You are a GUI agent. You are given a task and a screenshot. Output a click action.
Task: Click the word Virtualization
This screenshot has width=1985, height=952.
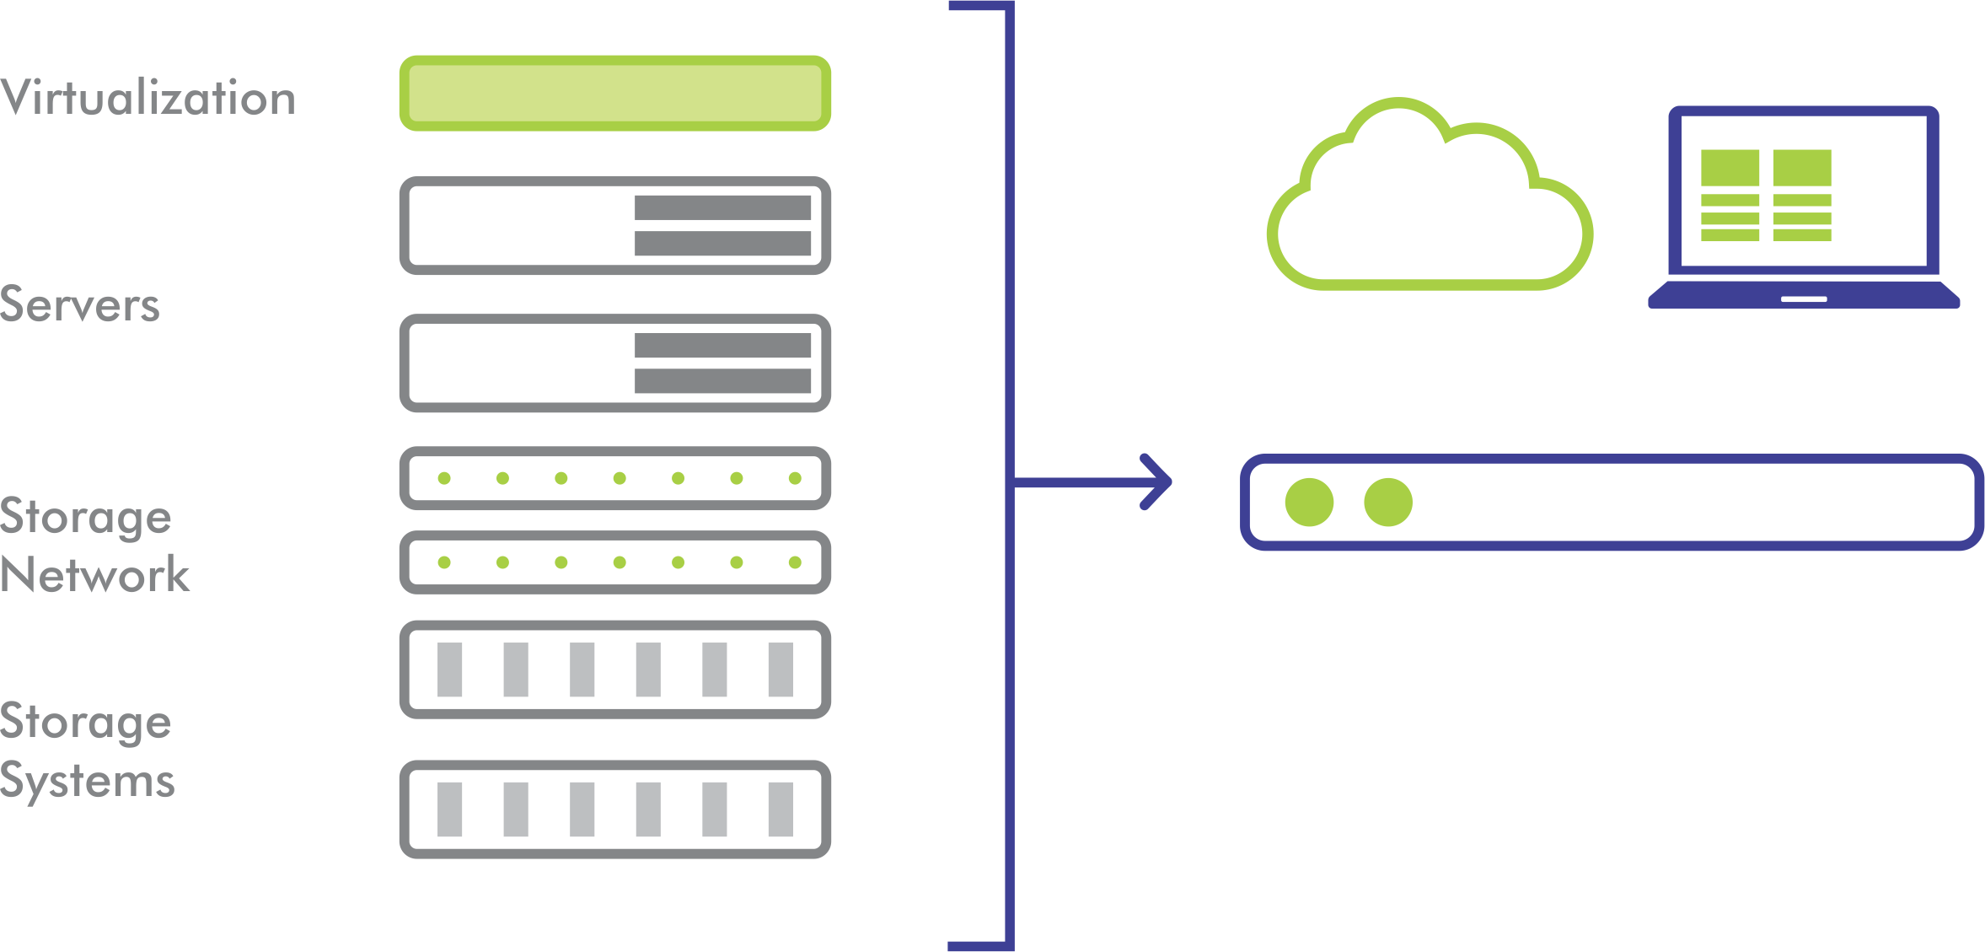[x=148, y=98]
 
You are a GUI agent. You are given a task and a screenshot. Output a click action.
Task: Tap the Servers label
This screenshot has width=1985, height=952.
[x=80, y=305]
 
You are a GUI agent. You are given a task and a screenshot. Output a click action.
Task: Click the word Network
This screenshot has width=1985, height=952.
[x=95, y=575]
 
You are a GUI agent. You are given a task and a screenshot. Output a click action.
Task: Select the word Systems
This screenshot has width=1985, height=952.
[x=88, y=781]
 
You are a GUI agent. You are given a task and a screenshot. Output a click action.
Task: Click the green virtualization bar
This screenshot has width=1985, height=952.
[x=615, y=94]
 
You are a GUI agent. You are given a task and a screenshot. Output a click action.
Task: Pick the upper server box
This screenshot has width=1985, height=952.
[x=615, y=225]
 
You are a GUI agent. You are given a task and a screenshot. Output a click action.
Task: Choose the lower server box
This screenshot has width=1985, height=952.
[x=615, y=363]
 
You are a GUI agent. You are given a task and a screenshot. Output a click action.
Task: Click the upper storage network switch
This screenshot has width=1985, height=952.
[x=615, y=478]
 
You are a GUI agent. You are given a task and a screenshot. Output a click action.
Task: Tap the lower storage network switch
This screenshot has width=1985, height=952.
[x=615, y=562]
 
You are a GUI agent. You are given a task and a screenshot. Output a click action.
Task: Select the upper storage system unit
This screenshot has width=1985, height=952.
[x=615, y=670]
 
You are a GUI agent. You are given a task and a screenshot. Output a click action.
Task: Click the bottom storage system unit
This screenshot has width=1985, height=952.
[x=615, y=809]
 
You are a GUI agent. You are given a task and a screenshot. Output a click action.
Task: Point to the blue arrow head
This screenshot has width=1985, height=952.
[x=1159, y=482]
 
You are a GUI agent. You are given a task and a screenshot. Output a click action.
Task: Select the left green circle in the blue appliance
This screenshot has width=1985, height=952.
[x=1309, y=503]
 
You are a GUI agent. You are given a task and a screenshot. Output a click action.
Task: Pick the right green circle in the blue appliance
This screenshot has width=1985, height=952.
[x=1388, y=503]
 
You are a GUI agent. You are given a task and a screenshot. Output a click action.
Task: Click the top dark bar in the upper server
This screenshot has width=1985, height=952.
[x=723, y=207]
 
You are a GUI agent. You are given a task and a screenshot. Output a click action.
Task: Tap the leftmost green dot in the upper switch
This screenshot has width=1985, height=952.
[x=444, y=478]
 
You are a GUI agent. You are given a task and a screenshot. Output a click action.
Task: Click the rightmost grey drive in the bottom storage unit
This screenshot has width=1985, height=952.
[x=781, y=809]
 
